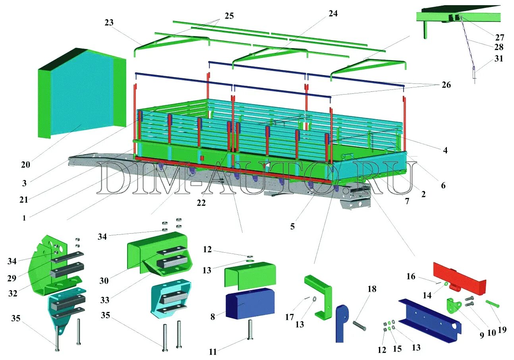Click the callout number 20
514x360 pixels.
tap(26, 164)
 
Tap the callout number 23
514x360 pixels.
tap(109, 23)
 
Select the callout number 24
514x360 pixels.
tap(333, 13)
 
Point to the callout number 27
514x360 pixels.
tap(499, 37)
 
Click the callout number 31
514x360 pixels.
tap(499, 58)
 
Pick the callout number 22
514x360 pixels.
tap(201, 203)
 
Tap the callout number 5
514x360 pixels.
tap(292, 226)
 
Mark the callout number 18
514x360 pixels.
tap(371, 289)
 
